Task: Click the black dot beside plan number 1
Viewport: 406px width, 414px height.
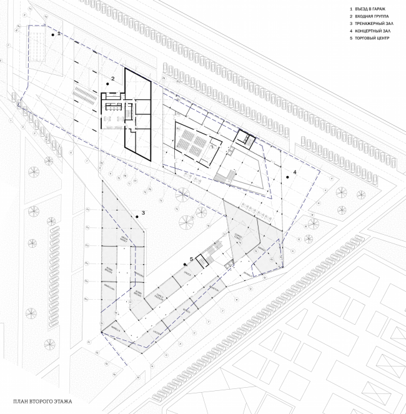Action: pos(53,36)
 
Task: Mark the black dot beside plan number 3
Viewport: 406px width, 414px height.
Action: pos(137,217)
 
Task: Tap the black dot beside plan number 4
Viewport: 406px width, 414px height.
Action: pos(288,177)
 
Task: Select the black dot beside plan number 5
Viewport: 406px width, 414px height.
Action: pos(186,263)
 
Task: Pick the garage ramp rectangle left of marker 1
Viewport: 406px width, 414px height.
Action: pos(39,46)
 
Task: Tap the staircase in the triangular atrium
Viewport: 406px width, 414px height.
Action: pos(225,175)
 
